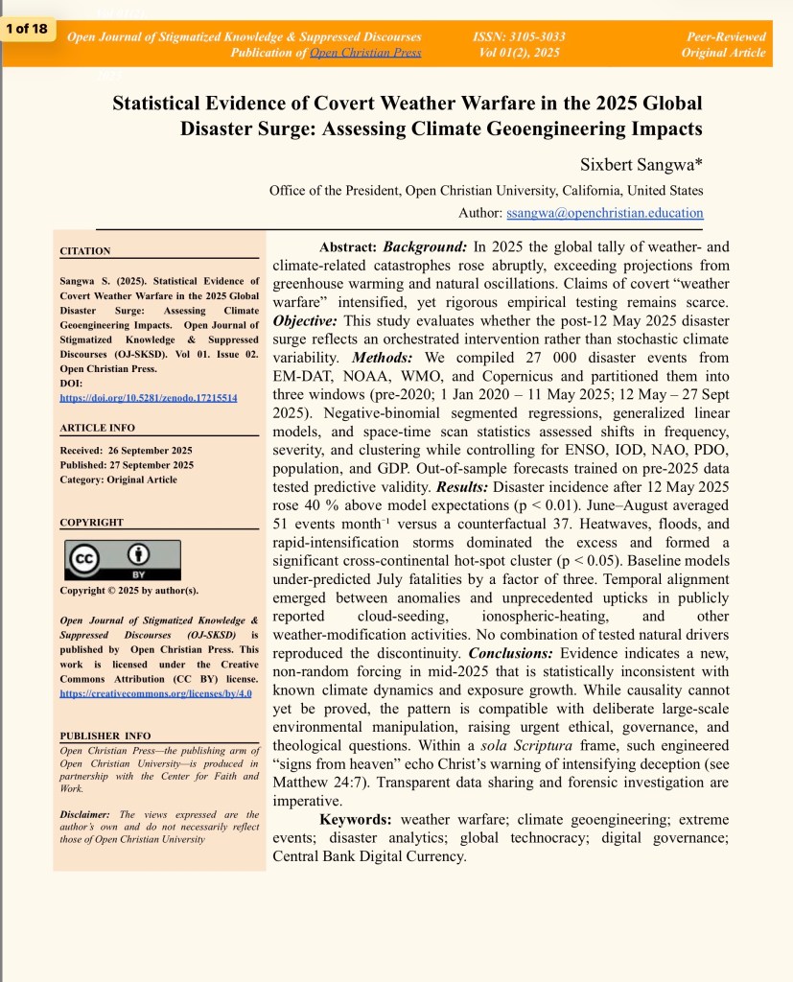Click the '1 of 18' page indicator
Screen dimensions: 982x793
pyautogui.click(x=26, y=29)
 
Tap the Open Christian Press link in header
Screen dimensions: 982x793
pyautogui.click(x=365, y=52)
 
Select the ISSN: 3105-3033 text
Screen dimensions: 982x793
pyautogui.click(x=519, y=36)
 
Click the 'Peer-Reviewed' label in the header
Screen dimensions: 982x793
pyautogui.click(x=726, y=36)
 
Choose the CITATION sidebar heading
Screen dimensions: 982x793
pyautogui.click(x=85, y=251)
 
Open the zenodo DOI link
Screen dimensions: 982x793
pyautogui.click(x=149, y=397)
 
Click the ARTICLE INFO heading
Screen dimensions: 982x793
pyautogui.click(x=98, y=428)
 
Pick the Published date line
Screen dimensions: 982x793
pyautogui.click(x=126, y=465)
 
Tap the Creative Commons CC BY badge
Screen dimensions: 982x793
pyautogui.click(x=122, y=560)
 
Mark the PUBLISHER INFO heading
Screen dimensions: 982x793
pyautogui.click(x=105, y=736)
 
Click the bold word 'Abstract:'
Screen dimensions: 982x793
pyautogui.click(x=349, y=247)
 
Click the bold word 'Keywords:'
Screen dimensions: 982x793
pyautogui.click(x=355, y=820)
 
